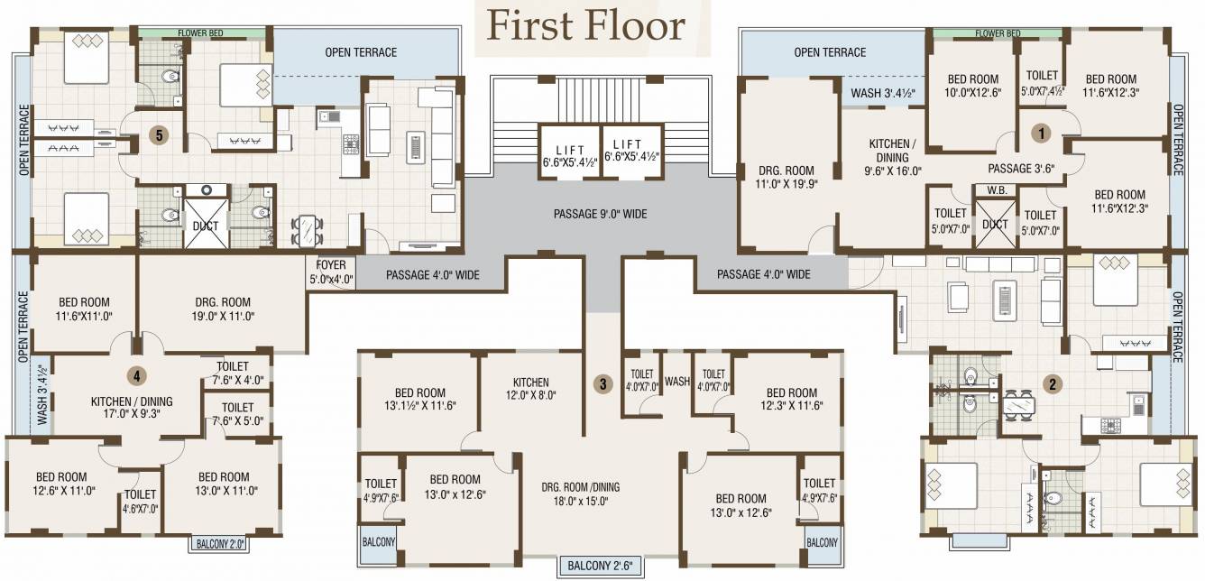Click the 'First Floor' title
[586, 25]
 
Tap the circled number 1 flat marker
[1043, 133]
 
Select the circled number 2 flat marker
[1052, 383]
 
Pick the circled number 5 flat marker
[159, 135]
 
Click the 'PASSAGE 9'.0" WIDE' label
[600, 215]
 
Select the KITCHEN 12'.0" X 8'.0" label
[531, 389]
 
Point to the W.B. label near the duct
[997, 190]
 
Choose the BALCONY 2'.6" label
[601, 567]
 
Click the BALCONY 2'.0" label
[216, 544]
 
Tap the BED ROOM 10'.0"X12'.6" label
[972, 86]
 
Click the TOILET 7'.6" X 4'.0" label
[233, 373]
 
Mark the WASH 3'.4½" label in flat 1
[881, 92]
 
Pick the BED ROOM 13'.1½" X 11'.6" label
[419, 400]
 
